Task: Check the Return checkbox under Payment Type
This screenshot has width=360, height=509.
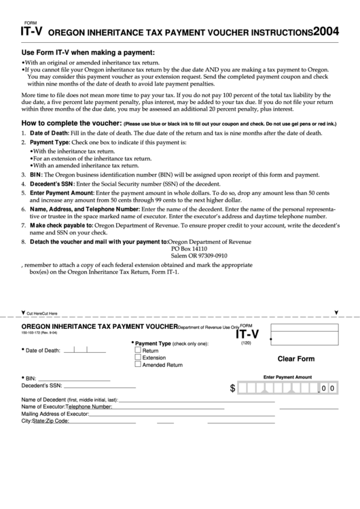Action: click(x=138, y=350)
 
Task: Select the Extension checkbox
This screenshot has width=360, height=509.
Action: click(x=138, y=357)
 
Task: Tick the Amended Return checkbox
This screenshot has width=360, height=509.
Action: click(x=138, y=364)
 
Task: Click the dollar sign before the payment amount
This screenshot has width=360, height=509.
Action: click(x=233, y=388)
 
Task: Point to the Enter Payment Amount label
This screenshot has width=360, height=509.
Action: click(x=287, y=376)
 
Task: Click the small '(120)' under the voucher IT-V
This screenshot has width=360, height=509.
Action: click(x=246, y=343)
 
